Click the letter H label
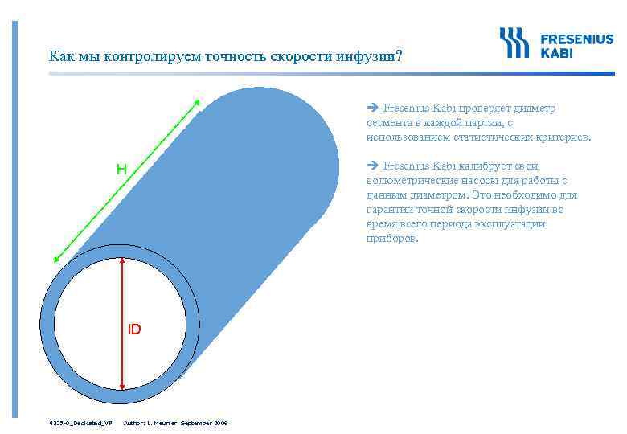(121, 170)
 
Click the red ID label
(133, 330)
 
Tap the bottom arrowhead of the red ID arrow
(121, 386)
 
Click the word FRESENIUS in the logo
(576, 39)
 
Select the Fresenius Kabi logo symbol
(515, 43)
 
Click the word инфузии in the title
(371, 57)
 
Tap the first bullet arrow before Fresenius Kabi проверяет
(372, 107)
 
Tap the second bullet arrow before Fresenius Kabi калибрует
(372, 166)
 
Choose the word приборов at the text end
(391, 239)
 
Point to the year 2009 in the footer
(220, 422)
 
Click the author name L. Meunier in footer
(161, 422)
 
